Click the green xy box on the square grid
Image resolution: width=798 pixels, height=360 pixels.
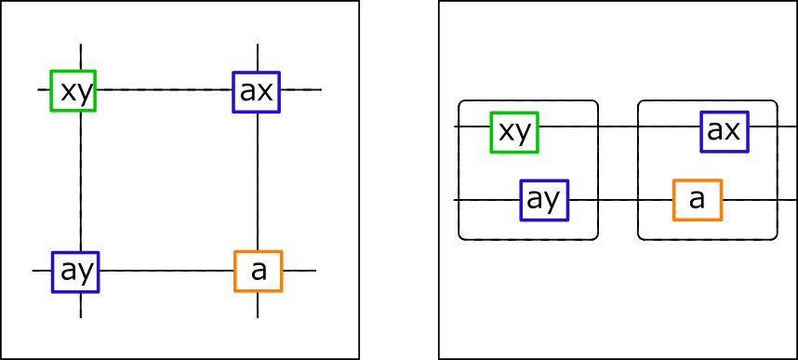[73, 89]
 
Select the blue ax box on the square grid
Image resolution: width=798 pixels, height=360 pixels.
[256, 89]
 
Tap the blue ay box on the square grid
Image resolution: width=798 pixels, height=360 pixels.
[74, 271]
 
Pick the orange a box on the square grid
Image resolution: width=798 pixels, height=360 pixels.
[258, 271]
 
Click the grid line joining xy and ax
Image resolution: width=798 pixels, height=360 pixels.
[164, 89]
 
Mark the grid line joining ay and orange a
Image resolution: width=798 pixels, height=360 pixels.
[166, 271]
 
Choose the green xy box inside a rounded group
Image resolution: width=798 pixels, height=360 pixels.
[515, 131]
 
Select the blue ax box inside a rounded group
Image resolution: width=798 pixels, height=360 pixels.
[724, 130]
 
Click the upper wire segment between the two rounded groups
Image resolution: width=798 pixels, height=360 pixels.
[618, 126]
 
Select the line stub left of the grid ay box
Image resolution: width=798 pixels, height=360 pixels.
[42, 271]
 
